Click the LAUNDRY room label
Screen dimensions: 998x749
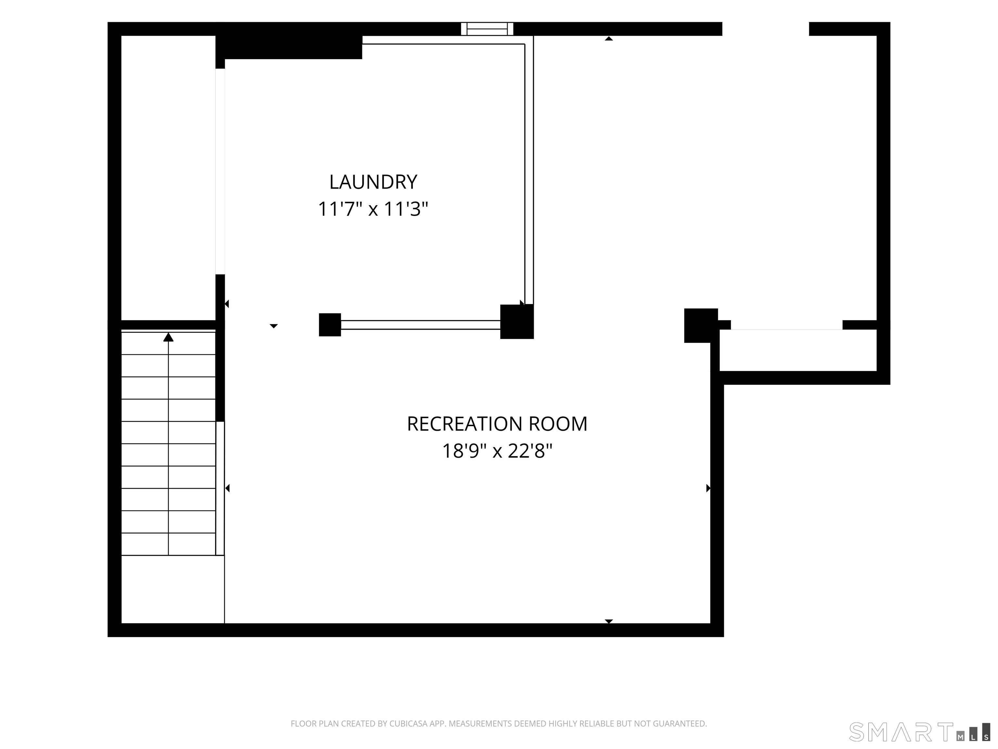(x=373, y=182)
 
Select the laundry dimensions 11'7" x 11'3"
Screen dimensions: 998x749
(x=373, y=209)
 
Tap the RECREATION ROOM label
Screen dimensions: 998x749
(x=497, y=424)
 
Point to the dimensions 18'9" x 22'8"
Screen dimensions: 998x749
(x=497, y=451)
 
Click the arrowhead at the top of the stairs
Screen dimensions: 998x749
(x=168, y=337)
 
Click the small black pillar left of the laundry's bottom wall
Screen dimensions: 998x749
(x=330, y=325)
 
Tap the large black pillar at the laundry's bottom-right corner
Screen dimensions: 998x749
(x=517, y=322)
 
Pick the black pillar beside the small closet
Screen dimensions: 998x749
(x=701, y=325)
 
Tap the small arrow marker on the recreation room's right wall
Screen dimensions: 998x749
(x=708, y=488)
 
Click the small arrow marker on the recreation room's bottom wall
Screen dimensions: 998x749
(x=608, y=622)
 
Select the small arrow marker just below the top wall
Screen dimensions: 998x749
(x=608, y=38)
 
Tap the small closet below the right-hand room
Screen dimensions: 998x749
(x=798, y=350)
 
